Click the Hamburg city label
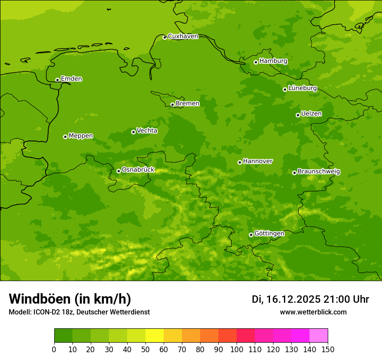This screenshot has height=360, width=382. [x=273, y=61]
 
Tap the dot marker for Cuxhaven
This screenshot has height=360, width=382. [x=165, y=37]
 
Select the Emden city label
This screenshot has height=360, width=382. [x=71, y=79]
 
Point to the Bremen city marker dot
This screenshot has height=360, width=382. [x=172, y=105]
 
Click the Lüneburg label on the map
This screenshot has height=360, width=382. [x=302, y=88]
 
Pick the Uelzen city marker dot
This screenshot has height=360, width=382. [x=298, y=115]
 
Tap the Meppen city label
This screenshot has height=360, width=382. [x=81, y=136]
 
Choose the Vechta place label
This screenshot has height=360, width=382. [x=147, y=131]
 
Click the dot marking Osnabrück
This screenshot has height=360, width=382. [x=119, y=171]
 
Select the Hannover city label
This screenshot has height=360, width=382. [x=257, y=161]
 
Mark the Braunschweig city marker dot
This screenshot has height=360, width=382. [x=294, y=173]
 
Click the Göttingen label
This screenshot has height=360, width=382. [x=269, y=234]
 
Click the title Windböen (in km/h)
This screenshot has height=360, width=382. [x=70, y=299]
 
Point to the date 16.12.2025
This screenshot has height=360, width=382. [x=293, y=299]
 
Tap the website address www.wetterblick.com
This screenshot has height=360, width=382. [x=313, y=312]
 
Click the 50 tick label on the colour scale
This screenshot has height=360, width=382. [x=145, y=349]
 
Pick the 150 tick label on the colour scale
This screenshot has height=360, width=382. [x=328, y=349]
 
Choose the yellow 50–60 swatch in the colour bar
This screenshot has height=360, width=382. [x=155, y=336]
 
